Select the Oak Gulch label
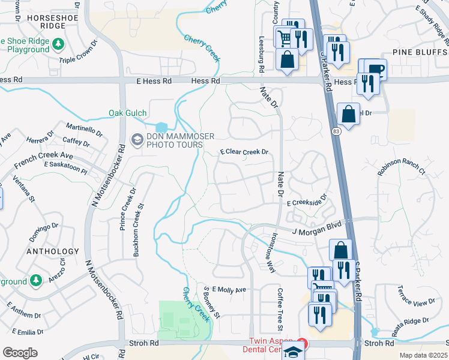click(127, 113)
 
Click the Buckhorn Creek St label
click(139, 230)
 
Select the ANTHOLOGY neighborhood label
click(53, 251)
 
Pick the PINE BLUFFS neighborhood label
click(419, 53)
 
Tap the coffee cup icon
click(375, 69)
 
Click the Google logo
click(20, 353)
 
